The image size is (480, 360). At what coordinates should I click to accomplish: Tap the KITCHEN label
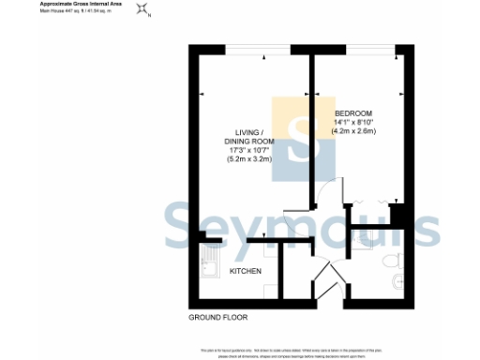point(246,272)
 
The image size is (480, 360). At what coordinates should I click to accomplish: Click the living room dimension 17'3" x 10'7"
point(248,150)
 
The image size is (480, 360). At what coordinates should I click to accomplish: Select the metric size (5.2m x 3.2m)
point(248,159)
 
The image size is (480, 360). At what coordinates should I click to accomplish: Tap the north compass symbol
point(142,10)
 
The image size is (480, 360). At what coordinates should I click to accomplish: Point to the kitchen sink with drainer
point(208,264)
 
